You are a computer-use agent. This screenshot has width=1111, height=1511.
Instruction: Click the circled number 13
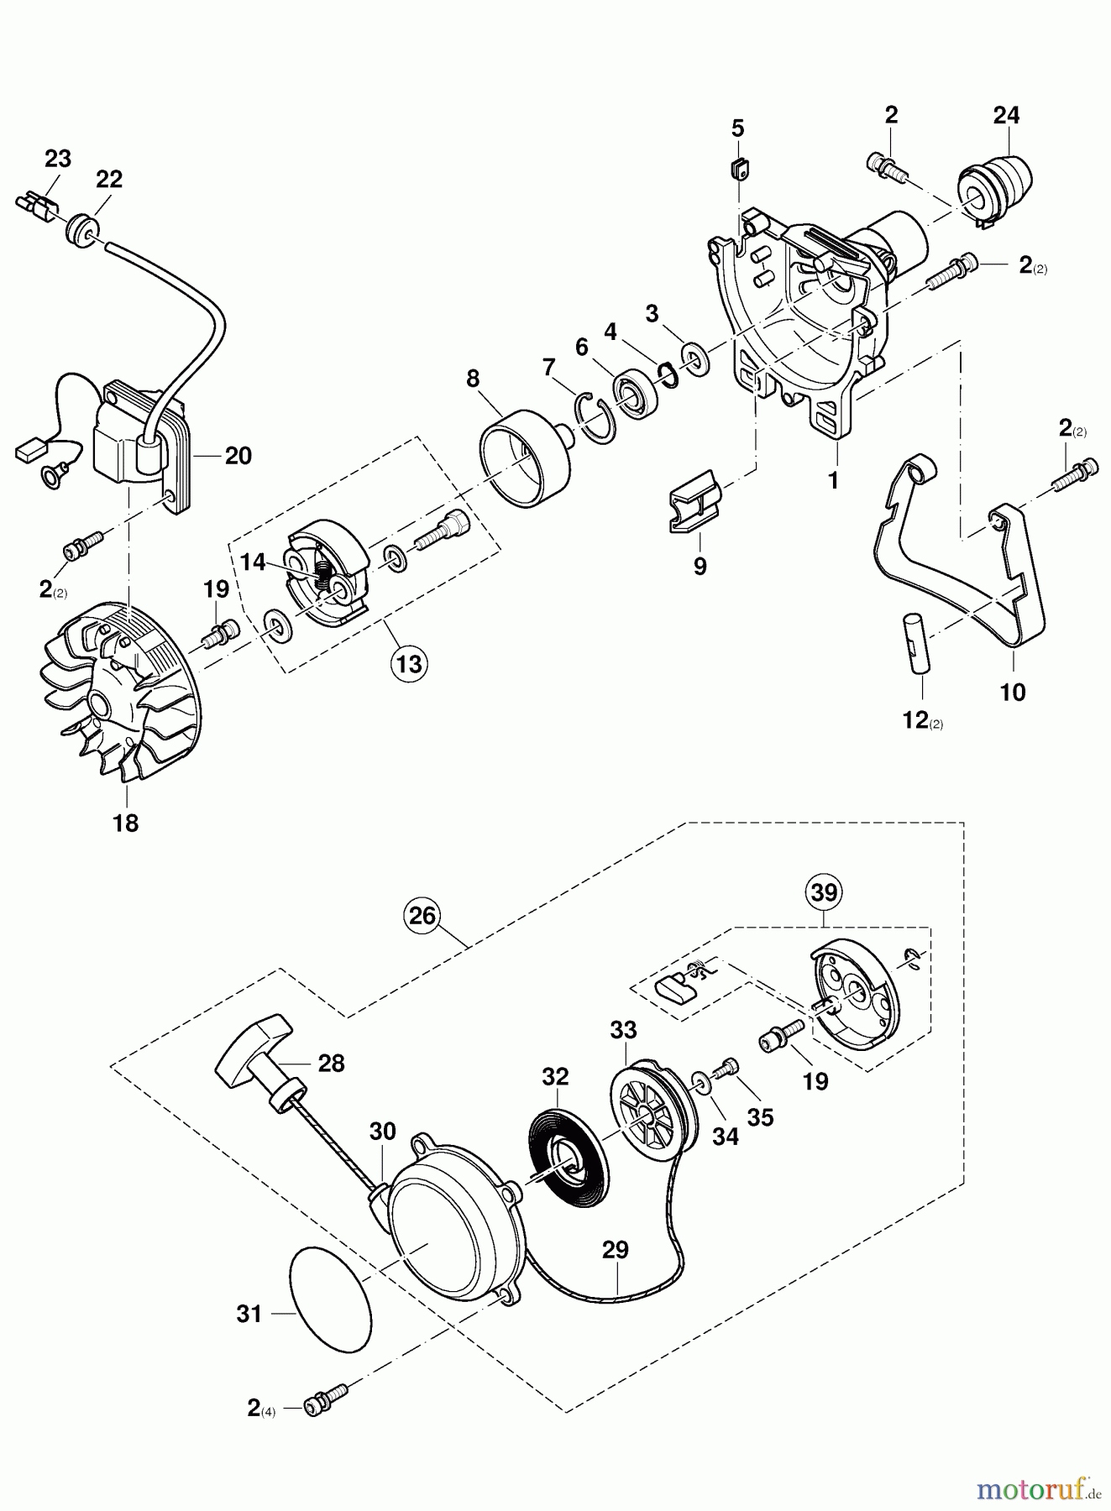[x=408, y=664]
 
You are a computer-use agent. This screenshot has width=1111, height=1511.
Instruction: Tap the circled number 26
[x=422, y=914]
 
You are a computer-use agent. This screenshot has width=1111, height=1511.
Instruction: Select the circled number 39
[x=824, y=892]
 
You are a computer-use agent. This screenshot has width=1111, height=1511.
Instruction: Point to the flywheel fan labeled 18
[x=126, y=697]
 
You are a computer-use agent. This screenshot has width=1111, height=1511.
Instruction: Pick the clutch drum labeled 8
[x=522, y=457]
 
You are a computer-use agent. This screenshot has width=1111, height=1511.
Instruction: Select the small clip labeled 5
[x=737, y=170]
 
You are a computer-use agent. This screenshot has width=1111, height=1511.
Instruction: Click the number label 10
[x=1013, y=693]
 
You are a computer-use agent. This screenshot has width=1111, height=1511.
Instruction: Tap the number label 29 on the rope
[x=615, y=1249]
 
